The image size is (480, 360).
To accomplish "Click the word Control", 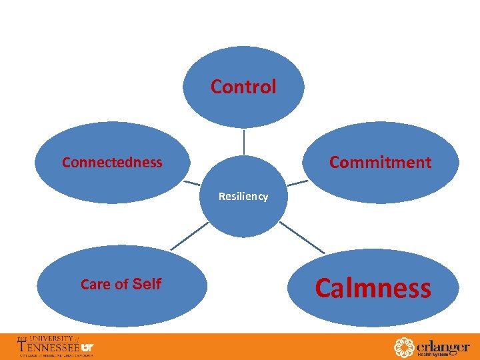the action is [x=243, y=87].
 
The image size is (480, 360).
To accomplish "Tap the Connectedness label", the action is [x=112, y=162].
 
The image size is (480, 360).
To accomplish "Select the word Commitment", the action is [x=380, y=162].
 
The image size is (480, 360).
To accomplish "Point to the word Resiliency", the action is [x=243, y=197].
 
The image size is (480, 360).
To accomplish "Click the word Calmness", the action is [x=373, y=289].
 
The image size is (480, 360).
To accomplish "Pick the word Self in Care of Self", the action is [x=147, y=284].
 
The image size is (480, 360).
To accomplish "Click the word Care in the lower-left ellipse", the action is [x=95, y=285].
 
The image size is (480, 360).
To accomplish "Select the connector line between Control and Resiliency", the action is [x=243, y=141].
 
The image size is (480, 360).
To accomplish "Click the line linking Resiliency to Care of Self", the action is [x=190, y=237].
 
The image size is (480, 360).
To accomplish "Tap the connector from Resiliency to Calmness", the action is [x=301, y=237].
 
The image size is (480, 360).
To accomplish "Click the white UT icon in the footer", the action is [x=87, y=347].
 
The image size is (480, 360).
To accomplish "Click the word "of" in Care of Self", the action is [x=121, y=285].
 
